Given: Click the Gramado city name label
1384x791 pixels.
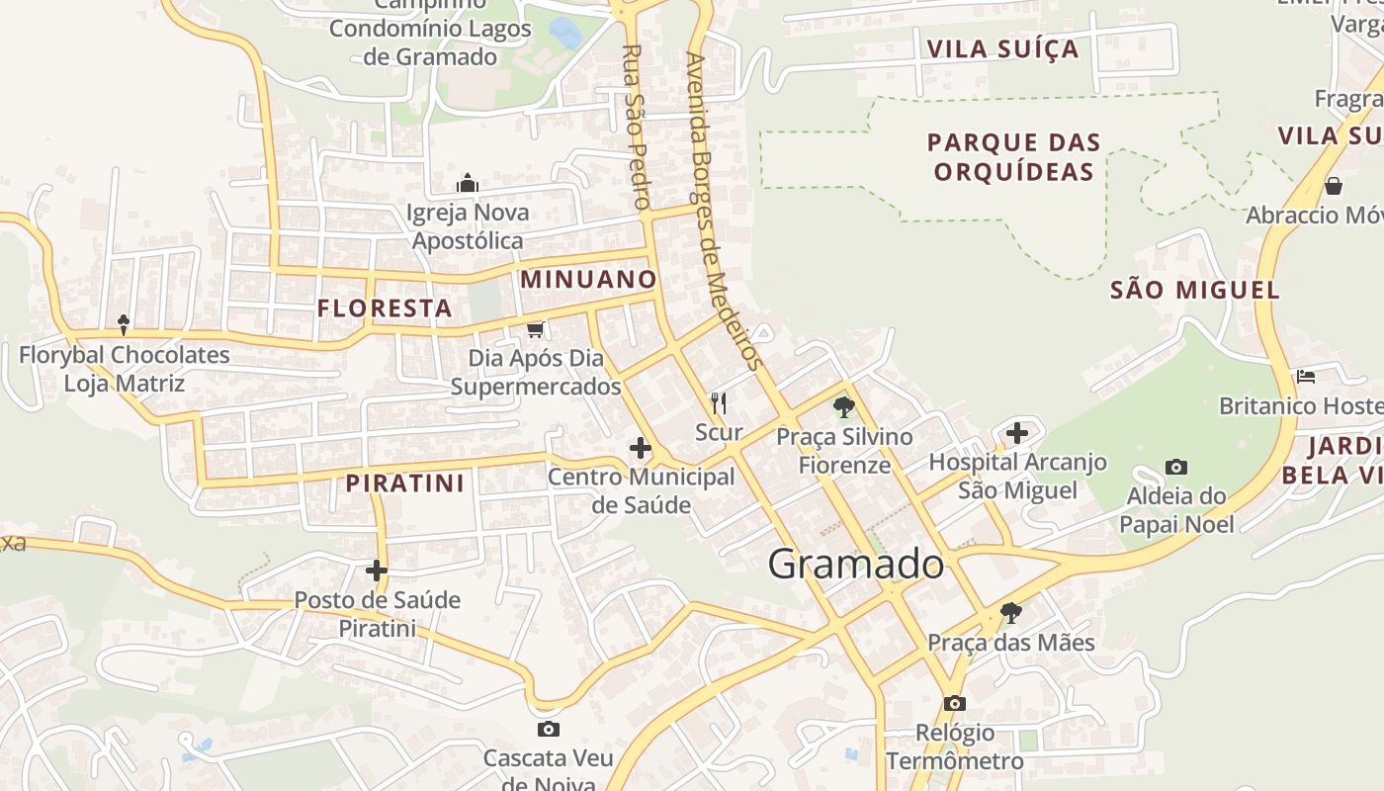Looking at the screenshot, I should (855, 565).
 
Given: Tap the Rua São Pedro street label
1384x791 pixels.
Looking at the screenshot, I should (635, 127).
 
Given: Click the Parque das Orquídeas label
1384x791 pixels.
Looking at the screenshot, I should (1013, 157).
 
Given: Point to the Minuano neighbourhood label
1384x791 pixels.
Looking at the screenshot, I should (588, 279).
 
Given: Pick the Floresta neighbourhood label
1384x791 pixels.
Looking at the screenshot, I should (385, 308).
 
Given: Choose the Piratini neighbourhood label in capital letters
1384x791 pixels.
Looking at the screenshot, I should (405, 483).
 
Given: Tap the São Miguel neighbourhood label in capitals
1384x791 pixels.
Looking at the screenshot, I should (1194, 290).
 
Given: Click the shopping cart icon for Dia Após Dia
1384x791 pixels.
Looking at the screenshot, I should (535, 329).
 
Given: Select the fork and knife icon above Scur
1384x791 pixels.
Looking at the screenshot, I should (719, 402).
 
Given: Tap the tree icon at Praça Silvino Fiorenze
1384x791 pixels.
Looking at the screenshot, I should (843, 406).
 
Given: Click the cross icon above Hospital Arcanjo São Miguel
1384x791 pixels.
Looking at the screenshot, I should (1017, 432).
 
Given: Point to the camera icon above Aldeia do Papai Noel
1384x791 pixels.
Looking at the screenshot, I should (1175, 467).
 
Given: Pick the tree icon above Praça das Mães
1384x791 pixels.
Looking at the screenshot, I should (1010, 613).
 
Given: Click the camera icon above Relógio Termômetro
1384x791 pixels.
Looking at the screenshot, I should (954, 703).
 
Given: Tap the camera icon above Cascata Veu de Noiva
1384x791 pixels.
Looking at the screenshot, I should (548, 730).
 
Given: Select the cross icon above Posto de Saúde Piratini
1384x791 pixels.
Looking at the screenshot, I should (377, 571).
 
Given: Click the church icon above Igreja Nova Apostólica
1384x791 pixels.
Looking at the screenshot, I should (468, 183).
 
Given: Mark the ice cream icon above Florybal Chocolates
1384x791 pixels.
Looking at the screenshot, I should (124, 324).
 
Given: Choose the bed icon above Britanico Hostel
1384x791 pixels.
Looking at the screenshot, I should (1306, 377).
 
